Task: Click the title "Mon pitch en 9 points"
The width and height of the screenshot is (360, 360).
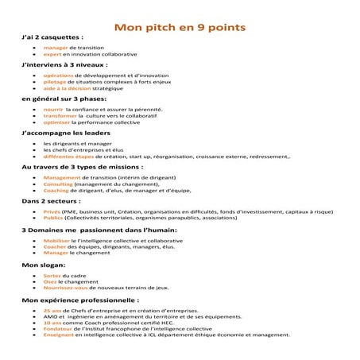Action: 180,27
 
